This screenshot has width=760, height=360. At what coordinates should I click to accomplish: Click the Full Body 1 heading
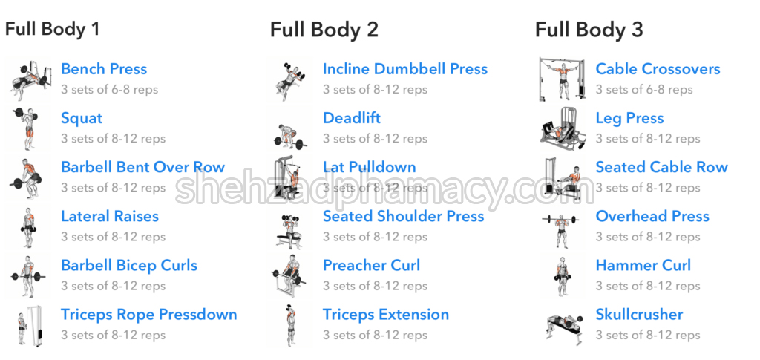[53, 29]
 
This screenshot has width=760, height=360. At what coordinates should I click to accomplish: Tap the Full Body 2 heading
[324, 30]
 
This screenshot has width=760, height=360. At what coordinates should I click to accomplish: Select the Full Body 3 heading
[589, 30]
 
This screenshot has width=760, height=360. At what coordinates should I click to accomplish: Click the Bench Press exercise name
[104, 69]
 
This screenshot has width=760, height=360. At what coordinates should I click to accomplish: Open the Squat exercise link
[82, 118]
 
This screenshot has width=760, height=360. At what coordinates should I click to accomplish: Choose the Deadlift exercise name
[351, 118]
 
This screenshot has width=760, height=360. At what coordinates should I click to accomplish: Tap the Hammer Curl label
[643, 266]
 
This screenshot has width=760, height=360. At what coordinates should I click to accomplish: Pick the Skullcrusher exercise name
[639, 315]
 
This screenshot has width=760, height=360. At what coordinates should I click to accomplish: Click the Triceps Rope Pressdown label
[148, 315]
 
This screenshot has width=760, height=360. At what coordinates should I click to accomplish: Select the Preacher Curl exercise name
[371, 266]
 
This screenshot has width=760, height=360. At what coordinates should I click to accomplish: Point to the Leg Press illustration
[563, 128]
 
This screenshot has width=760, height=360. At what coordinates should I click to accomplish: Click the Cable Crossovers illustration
[563, 79]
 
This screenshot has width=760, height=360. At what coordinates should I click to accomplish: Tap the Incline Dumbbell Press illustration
[290, 79]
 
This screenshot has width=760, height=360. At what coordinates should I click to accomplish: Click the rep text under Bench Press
[110, 90]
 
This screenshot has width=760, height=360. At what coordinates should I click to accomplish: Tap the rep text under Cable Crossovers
[644, 90]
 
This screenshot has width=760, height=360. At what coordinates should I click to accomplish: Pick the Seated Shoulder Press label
[403, 216]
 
